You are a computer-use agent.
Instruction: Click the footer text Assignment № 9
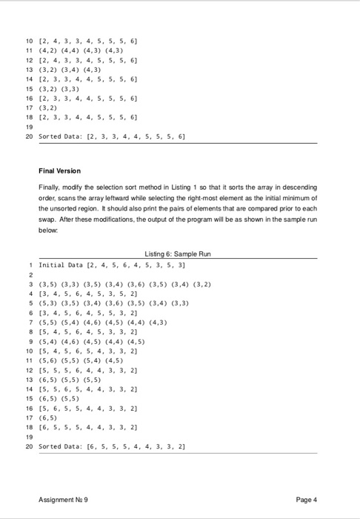coord(66,498)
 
